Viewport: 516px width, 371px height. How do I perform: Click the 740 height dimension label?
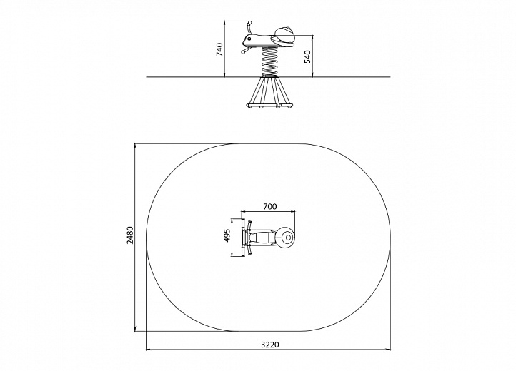coord(220,49)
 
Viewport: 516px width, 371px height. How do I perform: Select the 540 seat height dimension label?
coord(308,57)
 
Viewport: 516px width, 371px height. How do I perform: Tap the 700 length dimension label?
coord(270,206)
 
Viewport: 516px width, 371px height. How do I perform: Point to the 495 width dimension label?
coord(227,235)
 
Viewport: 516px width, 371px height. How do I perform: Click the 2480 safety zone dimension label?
coord(130,235)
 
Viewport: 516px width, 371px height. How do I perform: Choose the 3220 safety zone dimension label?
coord(270,345)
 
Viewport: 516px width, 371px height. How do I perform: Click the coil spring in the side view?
coord(269,61)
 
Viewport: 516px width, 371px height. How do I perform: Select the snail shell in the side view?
coord(284,36)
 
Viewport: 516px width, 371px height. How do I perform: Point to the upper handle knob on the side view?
coord(249,24)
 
